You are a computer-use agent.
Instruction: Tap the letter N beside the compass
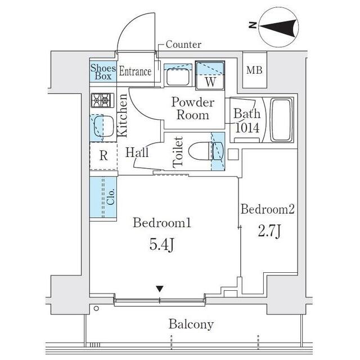[x=253, y=25]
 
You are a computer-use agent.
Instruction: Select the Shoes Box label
[x=103, y=72]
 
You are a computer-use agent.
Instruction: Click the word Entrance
[x=135, y=72]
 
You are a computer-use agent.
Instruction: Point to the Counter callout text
[x=183, y=44]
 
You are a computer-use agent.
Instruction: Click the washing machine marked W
[x=210, y=74]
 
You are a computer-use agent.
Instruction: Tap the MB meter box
[x=254, y=71]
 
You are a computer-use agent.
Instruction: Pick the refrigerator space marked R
[x=103, y=156]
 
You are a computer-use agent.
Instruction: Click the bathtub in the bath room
[x=281, y=120]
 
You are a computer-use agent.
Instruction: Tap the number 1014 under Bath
[x=247, y=128]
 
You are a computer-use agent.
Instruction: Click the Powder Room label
[x=193, y=109]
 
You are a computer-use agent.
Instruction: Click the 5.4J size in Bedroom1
[x=161, y=245]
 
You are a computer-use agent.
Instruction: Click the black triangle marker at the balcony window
[x=160, y=289]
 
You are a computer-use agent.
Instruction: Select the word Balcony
[x=191, y=325]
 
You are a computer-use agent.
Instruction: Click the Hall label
[x=137, y=152]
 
